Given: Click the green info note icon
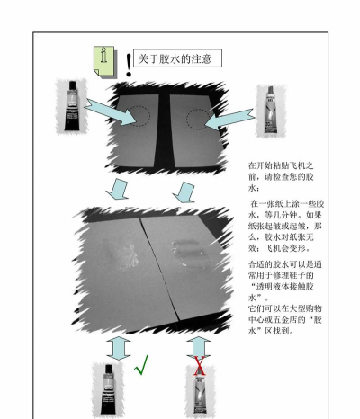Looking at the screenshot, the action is [103, 61].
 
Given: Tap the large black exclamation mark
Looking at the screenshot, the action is [129, 65].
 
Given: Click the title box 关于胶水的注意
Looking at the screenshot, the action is [177, 58].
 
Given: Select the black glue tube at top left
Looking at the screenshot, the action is [72, 106].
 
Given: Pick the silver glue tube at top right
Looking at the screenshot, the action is [270, 110].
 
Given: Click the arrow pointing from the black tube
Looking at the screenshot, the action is [111, 112].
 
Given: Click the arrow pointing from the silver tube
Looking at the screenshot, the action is [230, 120].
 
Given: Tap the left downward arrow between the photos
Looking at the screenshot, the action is [118, 189].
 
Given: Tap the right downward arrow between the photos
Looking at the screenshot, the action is [184, 192].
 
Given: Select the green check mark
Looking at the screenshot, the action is [141, 365].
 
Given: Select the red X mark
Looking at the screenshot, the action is [200, 366].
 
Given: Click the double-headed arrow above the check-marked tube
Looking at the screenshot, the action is [119, 348].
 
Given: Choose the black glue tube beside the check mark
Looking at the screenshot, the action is [108, 389].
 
